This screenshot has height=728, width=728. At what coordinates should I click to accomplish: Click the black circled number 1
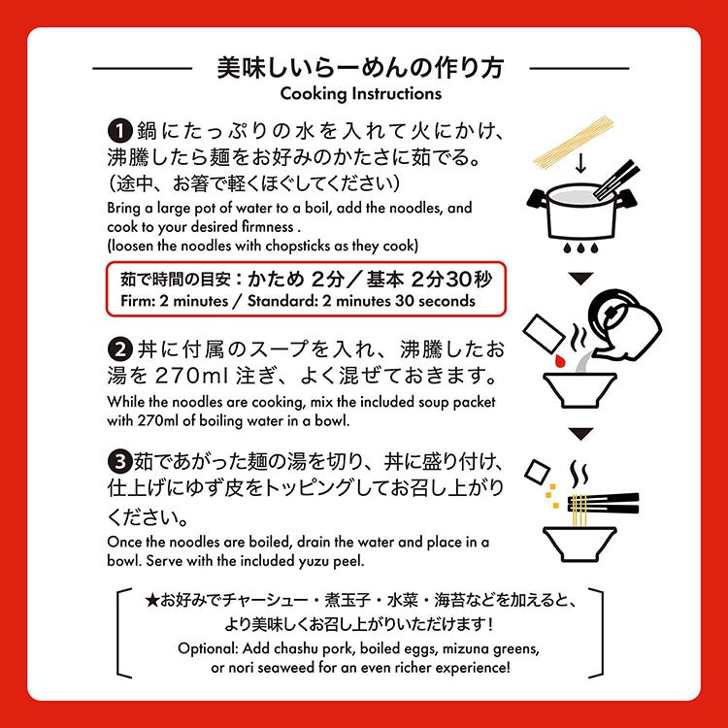coord(120,130)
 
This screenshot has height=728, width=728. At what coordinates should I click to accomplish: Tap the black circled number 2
coord(120,349)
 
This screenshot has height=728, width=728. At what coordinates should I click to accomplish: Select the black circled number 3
coord(120,461)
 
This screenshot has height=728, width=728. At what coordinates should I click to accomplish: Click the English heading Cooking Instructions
coord(361,94)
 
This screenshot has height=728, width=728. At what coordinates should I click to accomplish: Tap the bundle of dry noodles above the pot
coord(574,141)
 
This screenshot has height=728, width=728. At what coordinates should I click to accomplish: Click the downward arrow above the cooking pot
coord(580,163)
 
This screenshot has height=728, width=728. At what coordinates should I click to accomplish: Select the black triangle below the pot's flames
coord(580,279)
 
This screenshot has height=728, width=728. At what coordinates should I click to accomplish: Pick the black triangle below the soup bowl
coord(580,434)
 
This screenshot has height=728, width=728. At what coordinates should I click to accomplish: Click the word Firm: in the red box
coord(138,301)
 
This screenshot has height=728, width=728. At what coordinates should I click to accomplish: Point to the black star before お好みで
coord(151,601)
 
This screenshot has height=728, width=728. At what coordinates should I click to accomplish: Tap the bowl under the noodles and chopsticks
coord(579,545)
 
